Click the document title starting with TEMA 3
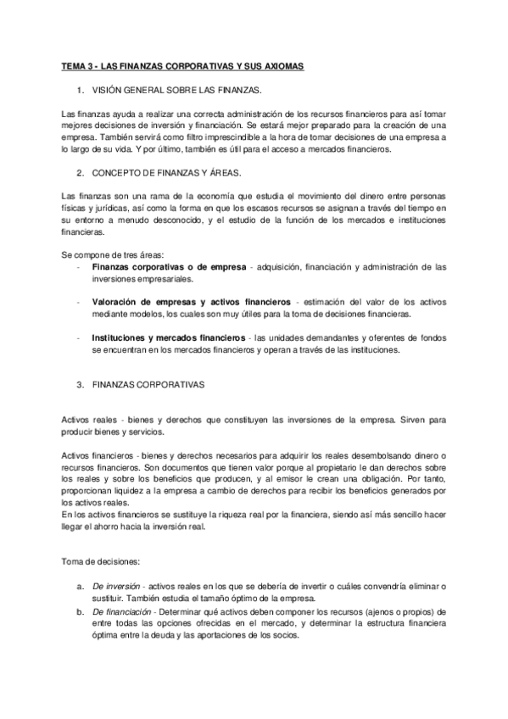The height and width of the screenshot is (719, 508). click(183, 65)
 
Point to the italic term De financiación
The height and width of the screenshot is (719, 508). click(121, 612)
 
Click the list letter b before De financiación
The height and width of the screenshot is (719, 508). click(79, 612)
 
